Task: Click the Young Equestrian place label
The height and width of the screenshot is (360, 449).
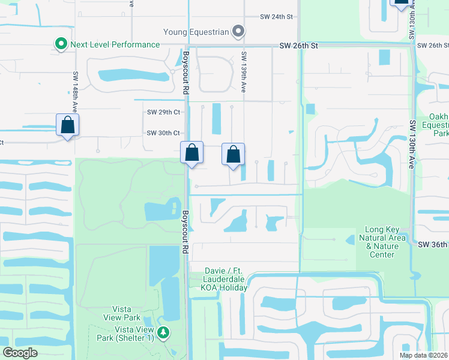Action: point(196,31)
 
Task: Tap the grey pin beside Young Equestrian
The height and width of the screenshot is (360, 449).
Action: point(239,31)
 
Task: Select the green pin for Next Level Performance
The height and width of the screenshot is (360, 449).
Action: point(61,44)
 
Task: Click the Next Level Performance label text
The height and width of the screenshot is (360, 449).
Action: point(115,44)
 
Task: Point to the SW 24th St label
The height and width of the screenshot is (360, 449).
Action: point(276,17)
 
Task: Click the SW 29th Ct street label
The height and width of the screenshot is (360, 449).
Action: point(164,112)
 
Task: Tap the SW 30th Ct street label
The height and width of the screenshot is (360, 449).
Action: point(164,133)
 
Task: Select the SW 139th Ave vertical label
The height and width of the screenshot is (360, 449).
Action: point(244,71)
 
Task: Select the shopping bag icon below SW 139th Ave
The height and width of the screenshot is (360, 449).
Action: point(234,154)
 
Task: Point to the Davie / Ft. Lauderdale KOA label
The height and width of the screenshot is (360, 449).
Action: point(226,279)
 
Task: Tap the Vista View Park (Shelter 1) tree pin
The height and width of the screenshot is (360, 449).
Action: point(163,332)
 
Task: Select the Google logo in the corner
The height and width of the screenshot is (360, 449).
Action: point(20,353)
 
